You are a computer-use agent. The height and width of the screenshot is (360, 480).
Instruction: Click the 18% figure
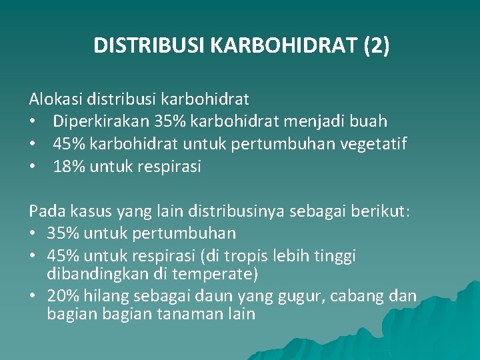(67, 167)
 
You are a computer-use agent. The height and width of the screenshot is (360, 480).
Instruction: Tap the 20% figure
(61, 296)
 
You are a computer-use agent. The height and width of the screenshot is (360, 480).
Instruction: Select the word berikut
(384, 211)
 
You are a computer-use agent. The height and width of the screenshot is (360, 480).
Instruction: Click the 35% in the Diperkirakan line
(172, 121)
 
